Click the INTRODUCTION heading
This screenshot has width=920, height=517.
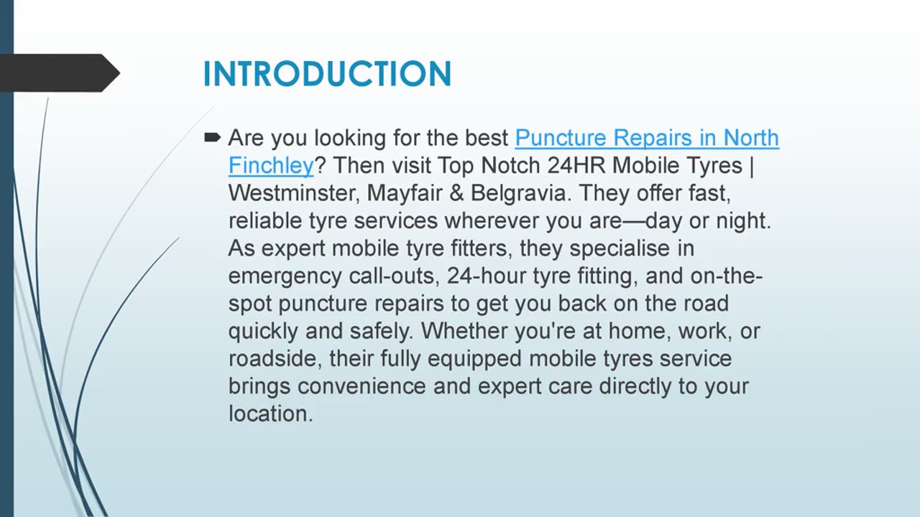pyautogui.click(x=327, y=74)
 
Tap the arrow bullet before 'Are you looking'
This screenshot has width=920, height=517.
pyautogui.click(x=212, y=137)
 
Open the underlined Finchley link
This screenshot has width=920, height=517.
pyautogui.click(x=271, y=166)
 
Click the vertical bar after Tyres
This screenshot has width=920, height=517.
pyautogui.click(x=752, y=166)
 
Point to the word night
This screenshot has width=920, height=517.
pyautogui.click(x=743, y=220)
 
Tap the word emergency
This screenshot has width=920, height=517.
pyautogui.click(x=285, y=276)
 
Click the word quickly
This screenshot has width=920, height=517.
pyautogui.click(x=263, y=331)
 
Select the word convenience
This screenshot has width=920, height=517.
pyautogui.click(x=362, y=386)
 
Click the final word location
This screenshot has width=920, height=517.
pyautogui.click(x=271, y=414)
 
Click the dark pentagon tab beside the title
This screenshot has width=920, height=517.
pyautogui.click(x=60, y=73)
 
